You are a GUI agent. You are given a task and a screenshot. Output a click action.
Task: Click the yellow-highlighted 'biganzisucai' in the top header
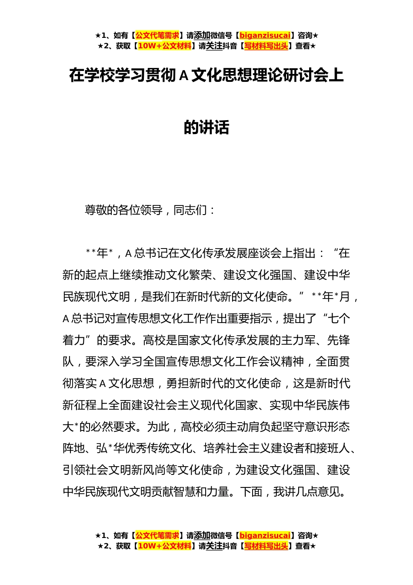pos(265,36)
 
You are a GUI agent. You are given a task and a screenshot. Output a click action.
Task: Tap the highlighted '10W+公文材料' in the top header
pos(164,46)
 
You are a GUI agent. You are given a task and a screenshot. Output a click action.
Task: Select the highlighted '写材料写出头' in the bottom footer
pos(266,546)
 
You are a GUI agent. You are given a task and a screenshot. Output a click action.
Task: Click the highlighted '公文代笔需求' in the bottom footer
pos(157,535)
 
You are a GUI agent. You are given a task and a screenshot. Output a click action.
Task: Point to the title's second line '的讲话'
pos(206,128)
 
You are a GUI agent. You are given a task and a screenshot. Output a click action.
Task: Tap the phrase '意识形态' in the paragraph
pos(327,427)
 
